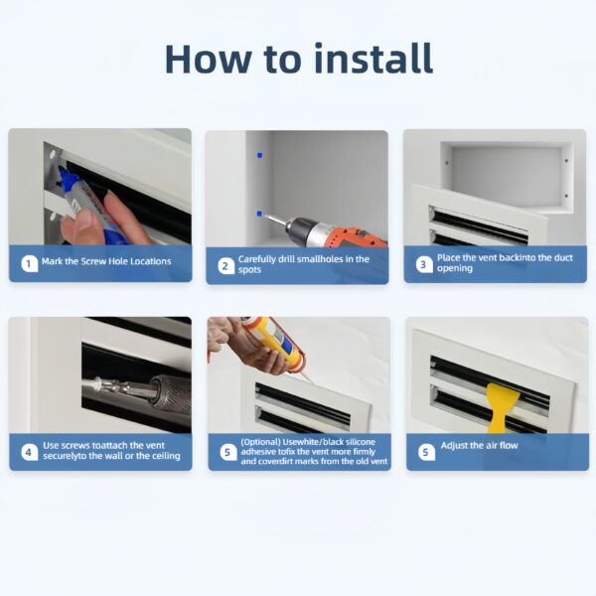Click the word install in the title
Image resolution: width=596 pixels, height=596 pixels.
pos(374,59)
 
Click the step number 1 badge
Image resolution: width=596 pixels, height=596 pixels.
pos(29,263)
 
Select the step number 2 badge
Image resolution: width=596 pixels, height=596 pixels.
pos(226,266)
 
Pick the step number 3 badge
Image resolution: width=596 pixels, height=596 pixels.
pos(424,264)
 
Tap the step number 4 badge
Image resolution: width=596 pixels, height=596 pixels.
pos(29,452)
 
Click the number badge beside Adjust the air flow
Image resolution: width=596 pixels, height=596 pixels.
pos(426,452)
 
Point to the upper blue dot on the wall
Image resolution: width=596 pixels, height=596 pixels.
pos(260,155)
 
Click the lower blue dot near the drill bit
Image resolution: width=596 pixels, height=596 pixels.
pos(259,214)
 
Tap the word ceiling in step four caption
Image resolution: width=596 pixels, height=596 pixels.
pos(166,456)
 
